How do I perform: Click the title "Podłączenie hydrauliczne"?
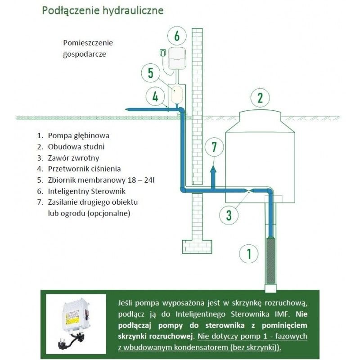[x=103, y=10]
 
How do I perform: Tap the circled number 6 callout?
[x=177, y=35]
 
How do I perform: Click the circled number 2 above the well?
[x=260, y=97]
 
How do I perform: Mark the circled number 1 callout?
[x=248, y=253]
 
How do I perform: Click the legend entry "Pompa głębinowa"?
[x=79, y=135]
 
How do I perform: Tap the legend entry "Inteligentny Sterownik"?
[x=85, y=191]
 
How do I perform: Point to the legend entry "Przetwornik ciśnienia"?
[x=84, y=169]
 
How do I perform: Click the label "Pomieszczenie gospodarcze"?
[x=88, y=49]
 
